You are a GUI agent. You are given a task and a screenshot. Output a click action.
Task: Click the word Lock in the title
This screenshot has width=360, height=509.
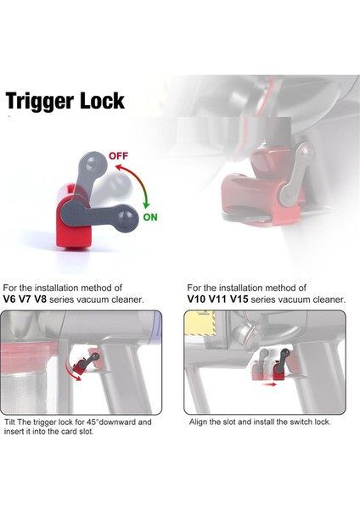tap(101, 101)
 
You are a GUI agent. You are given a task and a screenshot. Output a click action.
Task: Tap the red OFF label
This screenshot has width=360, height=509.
tap(118, 156)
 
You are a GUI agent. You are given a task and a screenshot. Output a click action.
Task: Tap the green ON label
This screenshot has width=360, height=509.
tap(150, 216)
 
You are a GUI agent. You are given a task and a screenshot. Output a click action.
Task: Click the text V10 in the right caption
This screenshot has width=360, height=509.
tap(198, 299)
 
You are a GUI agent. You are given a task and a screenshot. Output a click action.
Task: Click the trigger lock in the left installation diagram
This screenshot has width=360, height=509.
tap(82, 364)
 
